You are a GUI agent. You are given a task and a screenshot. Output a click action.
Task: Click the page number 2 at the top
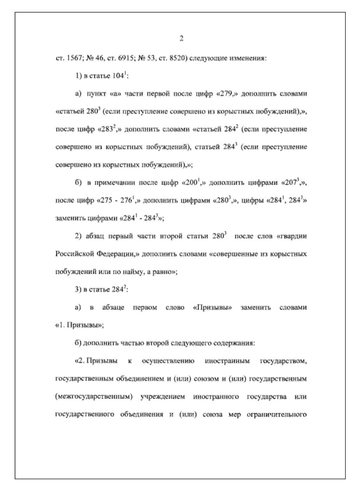(181, 39)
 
